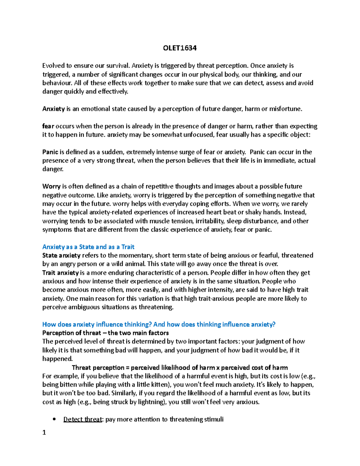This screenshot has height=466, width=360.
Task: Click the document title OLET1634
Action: point(180,48)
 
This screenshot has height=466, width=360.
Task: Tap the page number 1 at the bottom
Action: point(44,432)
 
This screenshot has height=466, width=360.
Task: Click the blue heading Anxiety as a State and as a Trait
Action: point(88,247)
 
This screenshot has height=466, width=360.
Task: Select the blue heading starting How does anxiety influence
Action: point(159,324)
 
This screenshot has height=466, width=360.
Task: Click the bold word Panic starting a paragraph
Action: point(50,152)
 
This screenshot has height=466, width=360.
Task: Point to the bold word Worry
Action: point(51,186)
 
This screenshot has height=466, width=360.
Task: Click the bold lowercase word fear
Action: point(48,126)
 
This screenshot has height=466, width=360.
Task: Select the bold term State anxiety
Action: point(61,255)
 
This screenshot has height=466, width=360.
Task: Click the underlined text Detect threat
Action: point(82,419)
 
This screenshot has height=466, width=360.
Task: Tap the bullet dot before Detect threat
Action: point(54,419)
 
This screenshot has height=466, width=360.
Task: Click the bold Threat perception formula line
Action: point(180,368)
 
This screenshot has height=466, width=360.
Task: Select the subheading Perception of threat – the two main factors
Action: point(105,333)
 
